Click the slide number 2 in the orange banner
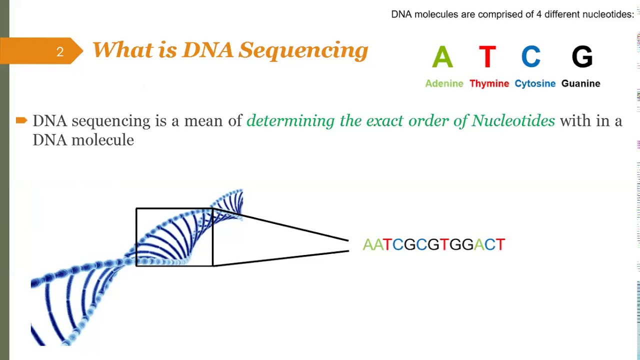[x=60, y=52]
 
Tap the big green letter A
[x=442, y=57]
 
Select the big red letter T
[x=487, y=57]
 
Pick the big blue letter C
[x=531, y=57]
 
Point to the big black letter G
[x=582, y=57]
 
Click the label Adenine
[x=444, y=83]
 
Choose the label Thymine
[x=489, y=83]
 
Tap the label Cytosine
[x=535, y=83]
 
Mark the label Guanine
[x=580, y=83]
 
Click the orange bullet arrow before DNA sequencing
[x=21, y=120]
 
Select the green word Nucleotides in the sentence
[x=513, y=121]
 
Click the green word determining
[x=290, y=121]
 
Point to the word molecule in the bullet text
[x=102, y=140]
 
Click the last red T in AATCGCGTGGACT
[x=500, y=244]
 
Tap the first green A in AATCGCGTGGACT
[x=368, y=244]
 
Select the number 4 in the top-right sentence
[x=539, y=14]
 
